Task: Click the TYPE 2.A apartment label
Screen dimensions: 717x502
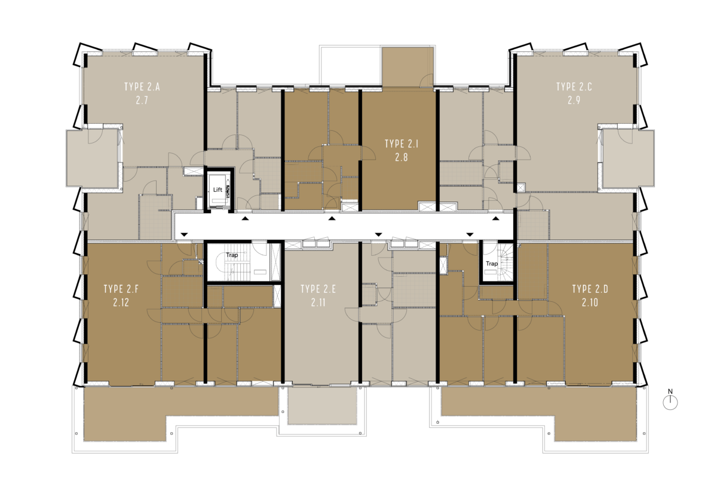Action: pos(142,87)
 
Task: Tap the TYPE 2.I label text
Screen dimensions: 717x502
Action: pos(402,144)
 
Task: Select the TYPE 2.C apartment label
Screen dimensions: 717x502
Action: pos(574,87)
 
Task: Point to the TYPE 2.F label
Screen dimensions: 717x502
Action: pos(121,289)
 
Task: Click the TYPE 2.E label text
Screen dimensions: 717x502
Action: pos(318,289)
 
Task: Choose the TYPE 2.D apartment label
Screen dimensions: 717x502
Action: pos(590,289)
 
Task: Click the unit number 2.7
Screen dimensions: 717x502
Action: pos(142,100)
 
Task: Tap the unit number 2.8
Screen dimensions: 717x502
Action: pos(402,158)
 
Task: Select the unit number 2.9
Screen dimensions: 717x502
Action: pos(574,100)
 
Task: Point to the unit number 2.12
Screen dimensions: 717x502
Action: pos(121,302)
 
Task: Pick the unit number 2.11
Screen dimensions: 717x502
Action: pos(318,302)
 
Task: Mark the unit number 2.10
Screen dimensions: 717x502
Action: pos(590,302)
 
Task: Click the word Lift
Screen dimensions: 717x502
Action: pos(217,190)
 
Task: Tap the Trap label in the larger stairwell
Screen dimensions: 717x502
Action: pos(232,255)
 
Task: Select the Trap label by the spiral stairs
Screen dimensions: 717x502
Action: pos(492,264)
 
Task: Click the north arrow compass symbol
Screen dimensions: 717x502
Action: pos(670,402)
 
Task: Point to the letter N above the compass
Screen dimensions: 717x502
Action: pos(670,391)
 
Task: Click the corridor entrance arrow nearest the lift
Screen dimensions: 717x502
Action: pos(245,219)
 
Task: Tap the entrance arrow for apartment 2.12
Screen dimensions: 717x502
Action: pos(184,235)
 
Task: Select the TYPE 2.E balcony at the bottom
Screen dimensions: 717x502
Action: pos(322,406)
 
